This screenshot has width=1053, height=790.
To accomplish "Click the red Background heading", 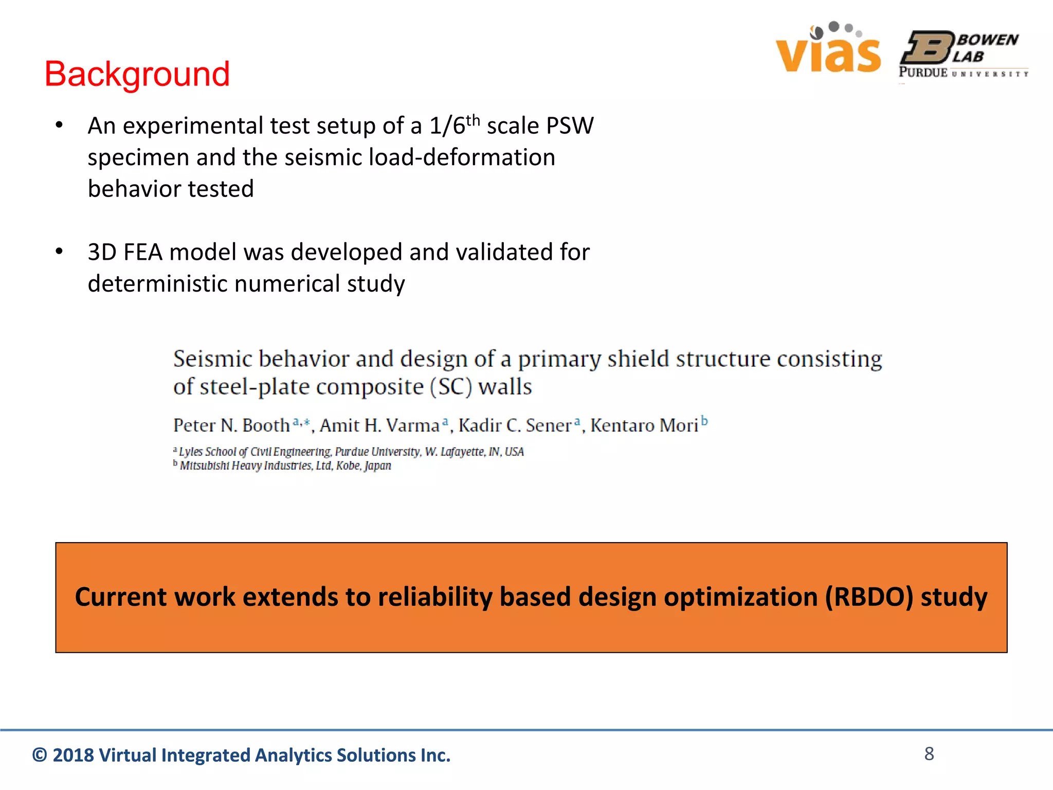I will click(137, 74).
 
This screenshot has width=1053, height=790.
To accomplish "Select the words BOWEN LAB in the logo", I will click(985, 48).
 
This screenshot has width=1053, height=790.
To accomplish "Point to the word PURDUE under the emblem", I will click(923, 73).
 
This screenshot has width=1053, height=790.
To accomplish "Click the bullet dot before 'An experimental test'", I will click(59, 125).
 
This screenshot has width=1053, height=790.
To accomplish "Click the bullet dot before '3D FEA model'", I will click(59, 251).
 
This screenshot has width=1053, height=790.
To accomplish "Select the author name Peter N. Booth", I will click(231, 425).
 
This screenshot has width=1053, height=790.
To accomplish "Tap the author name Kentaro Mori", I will click(644, 425).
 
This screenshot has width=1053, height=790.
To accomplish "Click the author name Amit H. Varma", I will click(379, 425).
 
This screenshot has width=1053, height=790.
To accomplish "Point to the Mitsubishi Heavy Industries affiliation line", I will click(285, 466).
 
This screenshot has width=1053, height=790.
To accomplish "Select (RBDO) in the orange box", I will click(869, 597).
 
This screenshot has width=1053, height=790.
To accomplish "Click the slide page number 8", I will click(929, 753).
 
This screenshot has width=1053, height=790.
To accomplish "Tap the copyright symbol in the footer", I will click(40, 755).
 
